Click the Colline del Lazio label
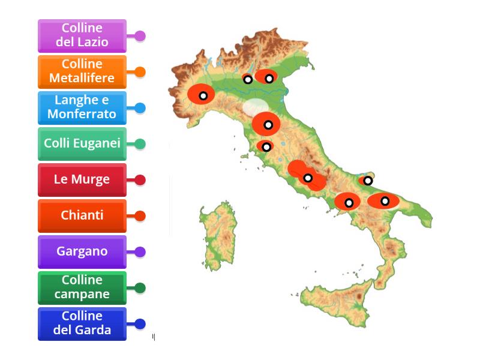pyautogui.click(x=82, y=35)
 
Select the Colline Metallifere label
pyautogui.click(x=82, y=71)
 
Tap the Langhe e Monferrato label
pyautogui.click(x=82, y=107)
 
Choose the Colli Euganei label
pyautogui.click(x=82, y=143)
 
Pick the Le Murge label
pyautogui.click(x=82, y=179)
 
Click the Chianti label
pyautogui.click(x=82, y=215)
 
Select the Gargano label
pyautogui.click(x=82, y=251)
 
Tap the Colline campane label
pyautogui.click(x=82, y=287)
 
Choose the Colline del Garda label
pyautogui.click(x=82, y=323)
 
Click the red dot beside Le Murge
pyautogui.click(x=140, y=180)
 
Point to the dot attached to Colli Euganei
pyautogui.click(x=140, y=144)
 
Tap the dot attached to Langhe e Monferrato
pyautogui.click(x=140, y=108)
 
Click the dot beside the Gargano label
pyautogui.click(x=140, y=252)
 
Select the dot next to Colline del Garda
pyautogui.click(x=140, y=324)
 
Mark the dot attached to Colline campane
pyautogui.click(x=140, y=288)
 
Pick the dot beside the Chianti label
pyautogui.click(x=140, y=216)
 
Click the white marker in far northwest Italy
pyautogui.click(x=203, y=95)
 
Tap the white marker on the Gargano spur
pyautogui.click(x=368, y=181)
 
